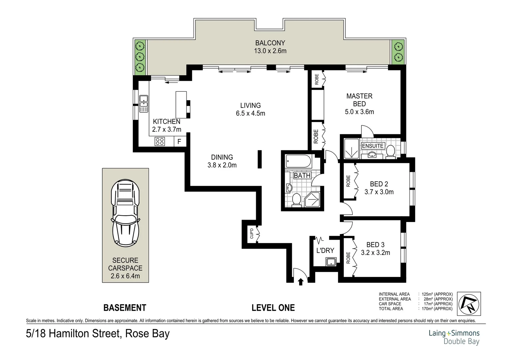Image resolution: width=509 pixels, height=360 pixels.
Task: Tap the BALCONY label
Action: click(x=270, y=43)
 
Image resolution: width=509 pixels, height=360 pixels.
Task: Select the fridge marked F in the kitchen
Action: click(x=179, y=142)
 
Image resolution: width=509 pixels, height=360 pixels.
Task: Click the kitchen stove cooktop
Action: click(x=160, y=142)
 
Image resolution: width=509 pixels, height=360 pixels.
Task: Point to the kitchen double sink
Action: click(x=144, y=104)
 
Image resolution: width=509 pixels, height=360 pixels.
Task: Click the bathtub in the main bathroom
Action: click(x=298, y=162)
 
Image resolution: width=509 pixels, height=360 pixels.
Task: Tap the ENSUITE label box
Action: click(x=373, y=146)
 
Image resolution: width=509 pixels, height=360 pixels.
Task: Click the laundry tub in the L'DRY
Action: click(x=330, y=262)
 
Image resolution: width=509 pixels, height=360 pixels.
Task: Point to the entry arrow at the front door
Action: click(x=300, y=282)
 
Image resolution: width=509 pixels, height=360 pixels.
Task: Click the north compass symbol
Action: click(x=469, y=304)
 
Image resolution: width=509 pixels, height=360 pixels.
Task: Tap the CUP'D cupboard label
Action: click(x=252, y=233)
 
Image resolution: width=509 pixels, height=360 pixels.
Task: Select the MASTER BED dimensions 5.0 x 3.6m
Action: click(x=359, y=112)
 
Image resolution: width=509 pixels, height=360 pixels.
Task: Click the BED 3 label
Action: click(x=375, y=245)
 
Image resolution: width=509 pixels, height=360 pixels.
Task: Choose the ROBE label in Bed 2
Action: click(x=348, y=181)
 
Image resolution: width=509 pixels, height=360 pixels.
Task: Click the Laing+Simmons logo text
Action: click(x=454, y=333)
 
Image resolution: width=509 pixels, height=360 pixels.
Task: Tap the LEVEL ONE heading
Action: click(x=273, y=308)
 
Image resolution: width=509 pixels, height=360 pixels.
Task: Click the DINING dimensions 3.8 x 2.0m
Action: click(x=222, y=165)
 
